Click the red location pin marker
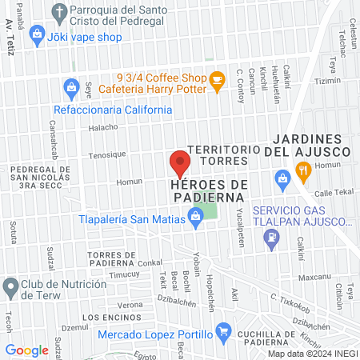click(x=180, y=163)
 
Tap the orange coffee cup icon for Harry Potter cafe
click(x=216, y=80)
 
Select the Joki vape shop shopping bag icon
click(x=36, y=34)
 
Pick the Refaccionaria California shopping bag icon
click(x=71, y=86)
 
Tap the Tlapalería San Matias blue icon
click(x=194, y=215)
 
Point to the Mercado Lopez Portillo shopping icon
click(x=225, y=330)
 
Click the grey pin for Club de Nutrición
click(x=10, y=286)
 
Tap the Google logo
click(x=26, y=350)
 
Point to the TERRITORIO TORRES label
click(x=223, y=155)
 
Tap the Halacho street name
click(x=103, y=126)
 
